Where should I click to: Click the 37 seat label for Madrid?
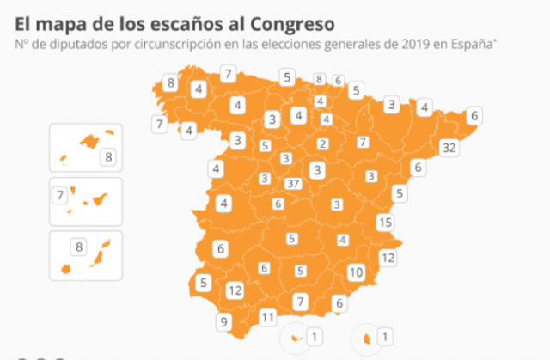coord(292,183)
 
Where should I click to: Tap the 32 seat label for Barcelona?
coord(448,147)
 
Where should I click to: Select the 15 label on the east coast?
coord(385,223)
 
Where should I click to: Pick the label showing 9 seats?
coord(223,322)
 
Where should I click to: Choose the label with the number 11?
coord(268,317)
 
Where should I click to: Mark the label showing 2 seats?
coord(322,143)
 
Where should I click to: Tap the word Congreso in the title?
coord(290,19)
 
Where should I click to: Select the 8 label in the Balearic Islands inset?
coord(107,156)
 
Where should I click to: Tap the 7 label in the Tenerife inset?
coord(61,195)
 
